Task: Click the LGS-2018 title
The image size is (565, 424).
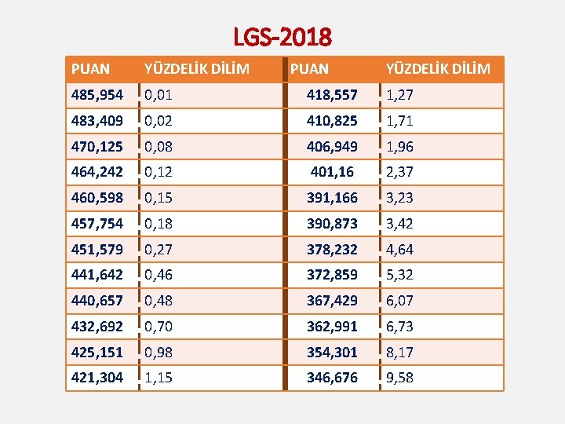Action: (282, 36)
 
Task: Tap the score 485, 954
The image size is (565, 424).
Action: (97, 95)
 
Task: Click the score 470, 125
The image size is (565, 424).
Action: (97, 146)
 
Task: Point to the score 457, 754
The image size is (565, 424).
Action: (97, 224)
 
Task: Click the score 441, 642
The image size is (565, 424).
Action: (97, 275)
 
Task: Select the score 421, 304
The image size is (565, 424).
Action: (97, 378)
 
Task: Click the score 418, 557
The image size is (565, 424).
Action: (332, 95)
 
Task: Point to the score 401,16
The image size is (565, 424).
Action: (332, 172)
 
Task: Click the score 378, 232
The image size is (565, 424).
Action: (332, 250)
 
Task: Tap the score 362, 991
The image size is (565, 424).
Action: (332, 326)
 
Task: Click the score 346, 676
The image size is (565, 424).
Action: (332, 378)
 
